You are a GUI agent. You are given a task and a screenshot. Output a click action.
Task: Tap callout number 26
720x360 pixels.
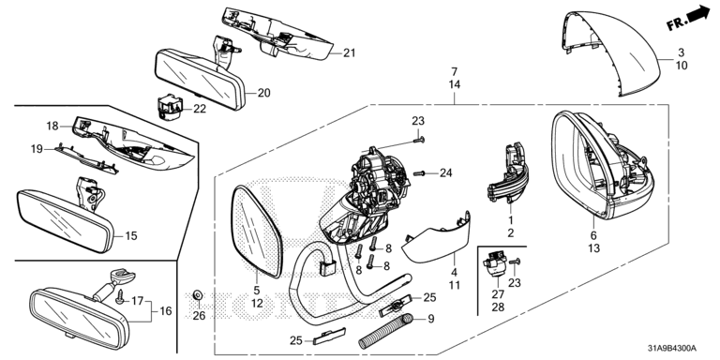click(200, 315)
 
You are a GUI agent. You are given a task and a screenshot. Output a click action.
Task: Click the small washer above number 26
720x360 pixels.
click(198, 294)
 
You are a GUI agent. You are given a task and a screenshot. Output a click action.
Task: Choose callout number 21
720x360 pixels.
click(350, 53)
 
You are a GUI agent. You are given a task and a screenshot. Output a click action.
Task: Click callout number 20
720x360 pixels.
click(264, 93)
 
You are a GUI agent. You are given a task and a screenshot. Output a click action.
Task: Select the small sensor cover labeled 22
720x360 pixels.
click(171, 107)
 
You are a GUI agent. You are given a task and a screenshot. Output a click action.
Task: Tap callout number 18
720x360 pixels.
click(52, 126)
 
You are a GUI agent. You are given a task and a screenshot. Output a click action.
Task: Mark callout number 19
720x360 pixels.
click(37, 149)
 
